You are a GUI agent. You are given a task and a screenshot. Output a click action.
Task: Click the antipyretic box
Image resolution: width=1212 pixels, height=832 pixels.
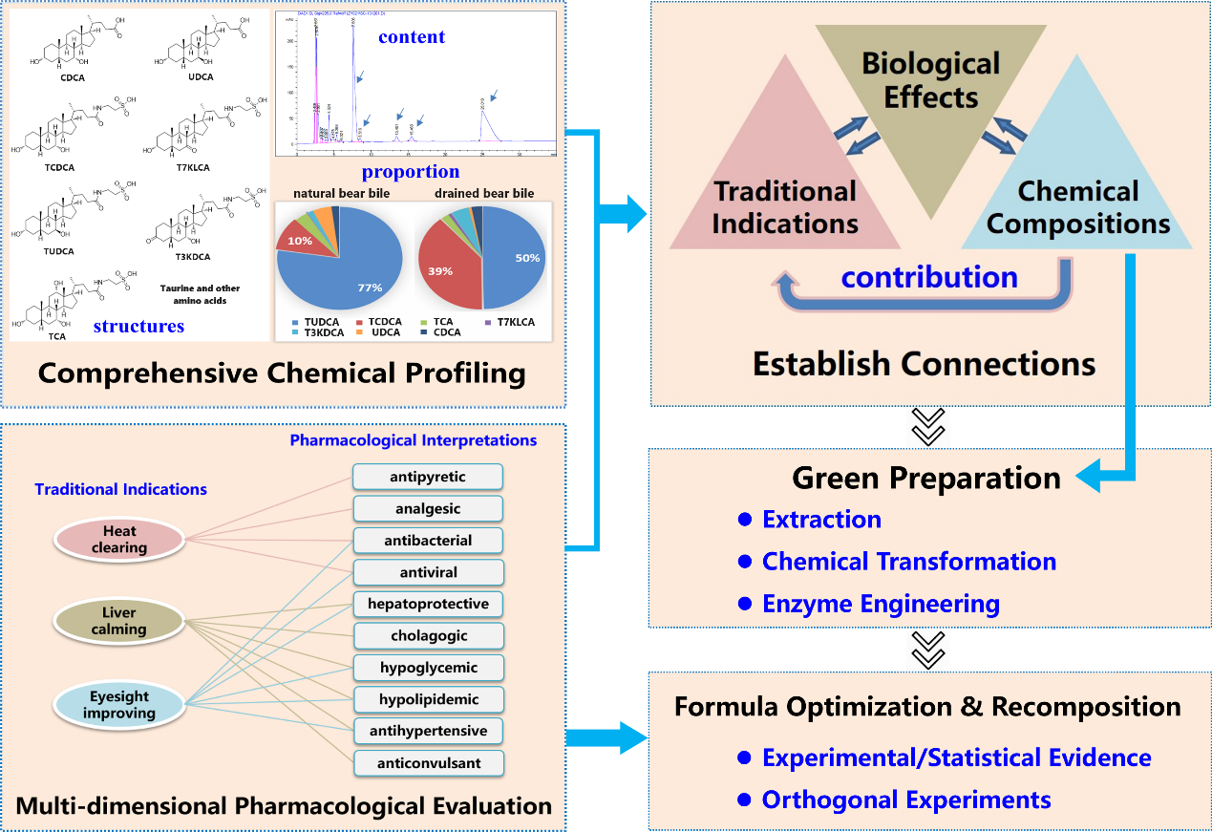click(427, 477)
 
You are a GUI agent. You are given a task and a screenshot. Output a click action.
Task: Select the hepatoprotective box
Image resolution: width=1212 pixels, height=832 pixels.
click(427, 604)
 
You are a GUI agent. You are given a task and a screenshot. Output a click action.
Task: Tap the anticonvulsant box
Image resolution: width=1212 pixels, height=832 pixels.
click(427, 763)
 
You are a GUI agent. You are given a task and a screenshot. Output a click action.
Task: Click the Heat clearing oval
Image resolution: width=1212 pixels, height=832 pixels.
click(119, 539)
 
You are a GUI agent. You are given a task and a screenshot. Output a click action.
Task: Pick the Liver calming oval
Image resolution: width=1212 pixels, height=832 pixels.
click(119, 621)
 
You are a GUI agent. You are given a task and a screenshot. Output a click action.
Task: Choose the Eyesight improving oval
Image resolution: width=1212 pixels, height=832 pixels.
click(119, 705)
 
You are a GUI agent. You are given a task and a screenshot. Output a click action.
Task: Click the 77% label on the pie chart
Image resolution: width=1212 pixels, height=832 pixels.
click(370, 288)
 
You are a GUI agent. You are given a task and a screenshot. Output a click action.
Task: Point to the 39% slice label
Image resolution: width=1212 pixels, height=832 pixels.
click(440, 271)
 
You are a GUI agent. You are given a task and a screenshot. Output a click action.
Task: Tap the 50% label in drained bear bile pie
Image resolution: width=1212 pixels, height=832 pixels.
click(527, 258)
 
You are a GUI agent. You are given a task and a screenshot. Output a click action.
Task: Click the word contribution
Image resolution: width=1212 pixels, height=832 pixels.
click(929, 277)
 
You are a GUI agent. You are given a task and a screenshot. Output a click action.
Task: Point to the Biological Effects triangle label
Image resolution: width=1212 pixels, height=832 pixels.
click(930, 80)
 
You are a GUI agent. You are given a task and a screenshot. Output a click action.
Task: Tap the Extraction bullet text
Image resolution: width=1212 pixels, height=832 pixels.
click(821, 520)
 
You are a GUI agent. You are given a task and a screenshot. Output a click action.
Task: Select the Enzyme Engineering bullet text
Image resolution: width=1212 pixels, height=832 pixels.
click(880, 604)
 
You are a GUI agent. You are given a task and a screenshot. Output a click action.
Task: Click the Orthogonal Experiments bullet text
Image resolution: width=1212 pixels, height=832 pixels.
click(905, 800)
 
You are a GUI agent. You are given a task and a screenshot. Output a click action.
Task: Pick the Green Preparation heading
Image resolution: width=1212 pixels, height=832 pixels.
click(926, 478)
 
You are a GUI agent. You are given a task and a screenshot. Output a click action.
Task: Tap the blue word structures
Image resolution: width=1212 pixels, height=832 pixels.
click(138, 327)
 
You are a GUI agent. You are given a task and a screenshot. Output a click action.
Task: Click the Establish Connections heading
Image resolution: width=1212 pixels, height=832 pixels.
click(924, 364)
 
